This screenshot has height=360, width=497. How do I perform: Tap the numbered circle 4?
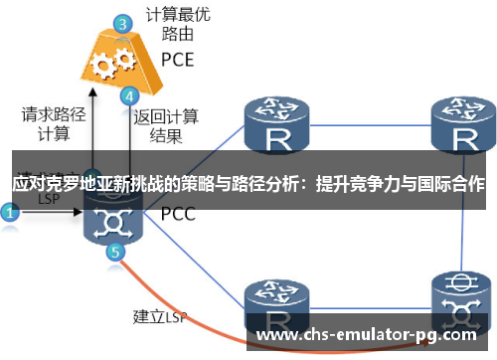pos(129,96)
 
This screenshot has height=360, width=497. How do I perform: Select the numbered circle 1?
pos(11,212)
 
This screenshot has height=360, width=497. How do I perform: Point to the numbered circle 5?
pos(116,252)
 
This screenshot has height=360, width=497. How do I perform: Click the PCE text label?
pos(178,59)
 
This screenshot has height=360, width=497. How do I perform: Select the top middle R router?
pos(274,124)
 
